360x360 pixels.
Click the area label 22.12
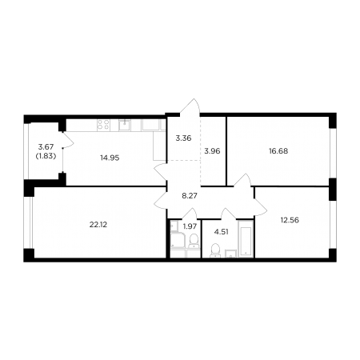(x=98, y=225)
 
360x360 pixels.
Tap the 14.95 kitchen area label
(x=110, y=158)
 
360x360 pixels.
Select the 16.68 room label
(x=278, y=151)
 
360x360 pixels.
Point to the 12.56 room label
(x=290, y=220)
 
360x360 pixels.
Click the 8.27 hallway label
(x=190, y=196)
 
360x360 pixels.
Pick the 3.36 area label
(x=183, y=138)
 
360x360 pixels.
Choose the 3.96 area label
(x=212, y=151)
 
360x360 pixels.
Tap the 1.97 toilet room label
(x=190, y=226)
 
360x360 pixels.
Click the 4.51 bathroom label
(x=222, y=232)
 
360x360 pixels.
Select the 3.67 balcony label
(x=46, y=146)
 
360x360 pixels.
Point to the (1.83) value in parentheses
(x=46, y=157)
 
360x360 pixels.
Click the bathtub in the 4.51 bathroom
(x=245, y=238)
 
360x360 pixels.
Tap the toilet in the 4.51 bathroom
(x=215, y=251)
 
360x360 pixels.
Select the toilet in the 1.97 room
(x=194, y=241)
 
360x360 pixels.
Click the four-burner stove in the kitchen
(x=103, y=125)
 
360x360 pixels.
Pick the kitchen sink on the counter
(x=125, y=125)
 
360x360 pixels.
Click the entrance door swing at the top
(x=190, y=106)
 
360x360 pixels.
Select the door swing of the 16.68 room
(x=242, y=180)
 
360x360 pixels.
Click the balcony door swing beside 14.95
(x=68, y=140)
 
